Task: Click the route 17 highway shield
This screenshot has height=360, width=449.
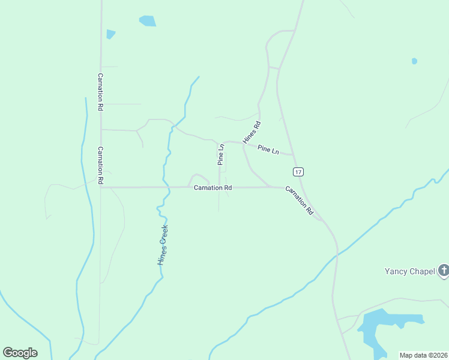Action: point(299,172)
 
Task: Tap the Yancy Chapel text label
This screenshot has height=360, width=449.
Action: point(409,271)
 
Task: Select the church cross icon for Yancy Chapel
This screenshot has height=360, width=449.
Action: point(444,271)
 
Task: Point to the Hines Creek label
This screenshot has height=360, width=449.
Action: point(163,245)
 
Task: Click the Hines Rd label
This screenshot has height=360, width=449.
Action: point(252,133)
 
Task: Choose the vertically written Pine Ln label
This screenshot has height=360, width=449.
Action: point(221,154)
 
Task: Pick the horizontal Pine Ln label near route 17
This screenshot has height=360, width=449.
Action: point(268,149)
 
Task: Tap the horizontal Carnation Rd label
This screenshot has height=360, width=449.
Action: point(212,188)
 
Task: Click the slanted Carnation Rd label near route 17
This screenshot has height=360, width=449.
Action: point(300,200)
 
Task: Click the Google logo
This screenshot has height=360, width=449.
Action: point(20,353)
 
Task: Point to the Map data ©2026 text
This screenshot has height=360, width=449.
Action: point(424,355)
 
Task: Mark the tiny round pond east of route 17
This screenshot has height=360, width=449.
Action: point(414,61)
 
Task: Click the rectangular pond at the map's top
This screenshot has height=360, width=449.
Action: point(147,21)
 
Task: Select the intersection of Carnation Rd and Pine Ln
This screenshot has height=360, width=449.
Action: point(219,187)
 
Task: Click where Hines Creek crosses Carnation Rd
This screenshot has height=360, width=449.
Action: point(163,187)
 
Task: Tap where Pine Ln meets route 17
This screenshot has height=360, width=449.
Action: point(293,155)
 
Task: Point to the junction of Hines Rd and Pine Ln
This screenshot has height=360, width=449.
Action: point(243,143)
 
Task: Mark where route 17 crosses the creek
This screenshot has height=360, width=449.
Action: point(337,254)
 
